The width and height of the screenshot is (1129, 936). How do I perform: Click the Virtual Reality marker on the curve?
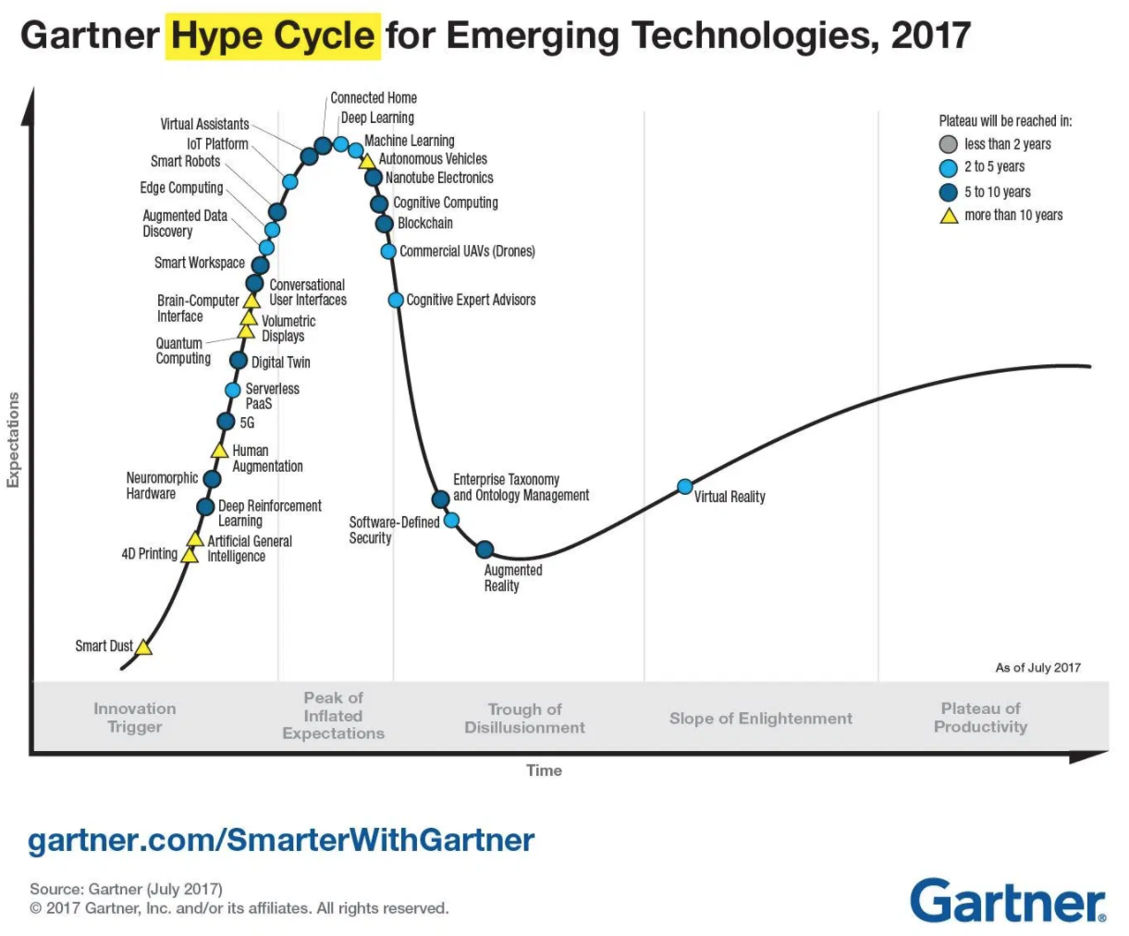click(x=685, y=486)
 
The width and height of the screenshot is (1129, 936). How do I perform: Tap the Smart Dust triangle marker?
click(x=143, y=647)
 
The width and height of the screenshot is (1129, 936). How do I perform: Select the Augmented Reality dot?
click(x=485, y=550)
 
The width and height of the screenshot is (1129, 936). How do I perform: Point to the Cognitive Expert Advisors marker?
click(x=396, y=300)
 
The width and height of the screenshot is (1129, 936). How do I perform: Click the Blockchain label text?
click(x=425, y=223)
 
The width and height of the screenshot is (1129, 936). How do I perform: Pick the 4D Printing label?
click(x=149, y=554)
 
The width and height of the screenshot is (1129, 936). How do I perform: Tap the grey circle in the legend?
click(x=948, y=144)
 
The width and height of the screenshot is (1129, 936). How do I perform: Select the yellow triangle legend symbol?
click(x=948, y=216)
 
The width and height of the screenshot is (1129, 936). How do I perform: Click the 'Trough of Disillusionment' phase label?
click(x=524, y=718)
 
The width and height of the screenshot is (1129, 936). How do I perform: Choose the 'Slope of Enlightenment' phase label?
click(x=760, y=719)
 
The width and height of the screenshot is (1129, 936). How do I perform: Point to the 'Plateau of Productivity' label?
click(x=980, y=718)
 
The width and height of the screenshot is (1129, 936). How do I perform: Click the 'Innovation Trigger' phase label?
click(x=134, y=718)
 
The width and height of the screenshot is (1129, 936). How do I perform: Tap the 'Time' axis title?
click(x=544, y=770)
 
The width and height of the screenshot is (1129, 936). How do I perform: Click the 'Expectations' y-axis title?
click(x=13, y=439)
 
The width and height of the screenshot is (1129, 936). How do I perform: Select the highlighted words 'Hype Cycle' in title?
click(x=273, y=36)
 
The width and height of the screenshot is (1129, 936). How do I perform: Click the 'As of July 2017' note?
click(x=1037, y=668)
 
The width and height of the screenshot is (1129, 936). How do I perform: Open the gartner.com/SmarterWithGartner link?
click(x=281, y=840)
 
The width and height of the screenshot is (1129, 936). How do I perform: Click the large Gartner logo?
click(x=1008, y=900)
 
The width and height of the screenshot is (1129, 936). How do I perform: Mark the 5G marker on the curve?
click(x=226, y=422)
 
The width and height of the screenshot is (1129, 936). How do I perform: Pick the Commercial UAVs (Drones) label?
click(x=467, y=252)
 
